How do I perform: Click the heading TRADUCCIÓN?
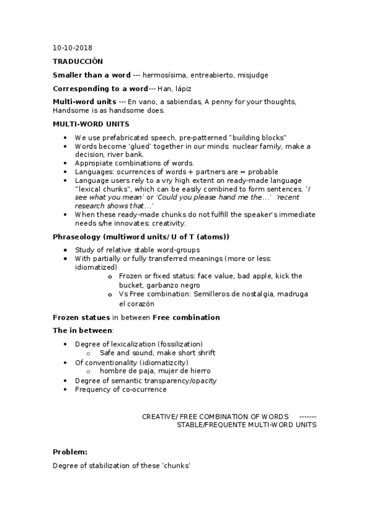tap(78, 62)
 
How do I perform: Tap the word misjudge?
tap(252, 75)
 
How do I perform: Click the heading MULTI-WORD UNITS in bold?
tap(91, 124)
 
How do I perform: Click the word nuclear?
tap(247, 146)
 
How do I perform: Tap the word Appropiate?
tap(95, 163)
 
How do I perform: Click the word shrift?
tap(201, 353)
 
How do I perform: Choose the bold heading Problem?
tap(70, 452)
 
